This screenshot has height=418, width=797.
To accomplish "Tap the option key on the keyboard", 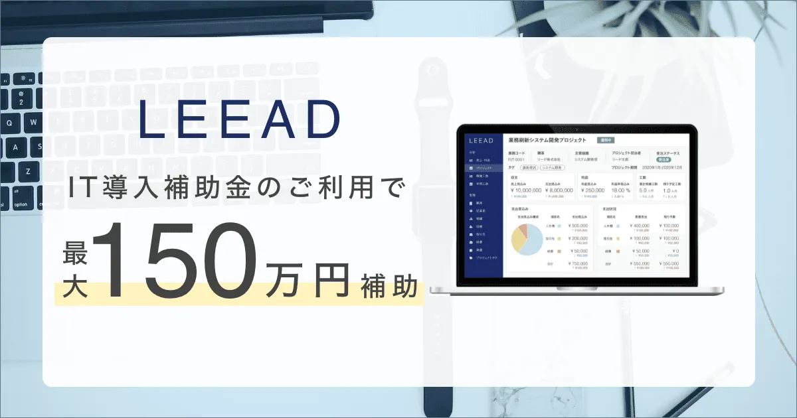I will coord(21,204).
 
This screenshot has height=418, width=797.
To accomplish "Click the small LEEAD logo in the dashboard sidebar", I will coord(480,141).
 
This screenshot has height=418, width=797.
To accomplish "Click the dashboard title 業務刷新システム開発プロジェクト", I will coord(547,141).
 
